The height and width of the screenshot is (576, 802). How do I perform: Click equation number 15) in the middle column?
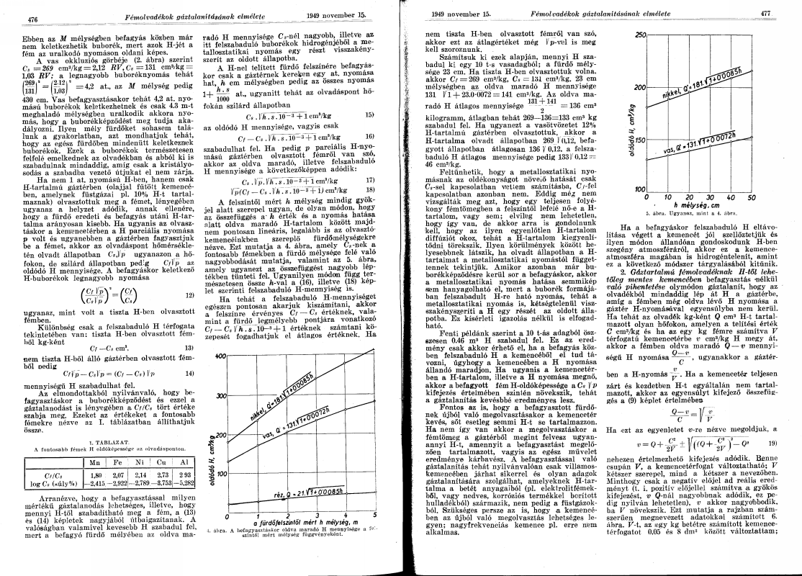click(x=369, y=114)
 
